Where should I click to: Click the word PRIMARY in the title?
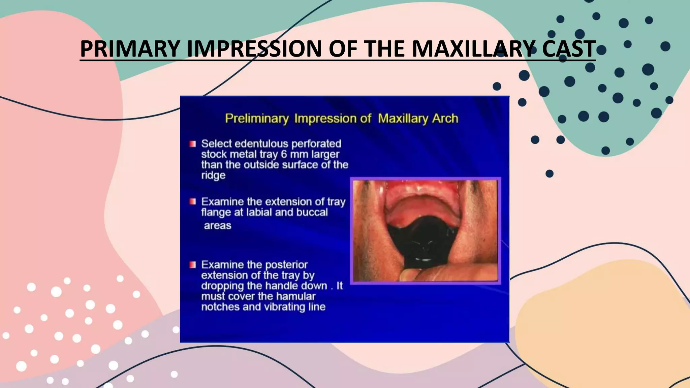pyautogui.click(x=130, y=49)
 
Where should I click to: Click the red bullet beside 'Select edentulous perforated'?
pyautogui.click(x=192, y=144)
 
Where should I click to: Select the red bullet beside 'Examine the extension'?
pyautogui.click(x=192, y=202)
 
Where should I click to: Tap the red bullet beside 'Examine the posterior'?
pyautogui.click(x=192, y=265)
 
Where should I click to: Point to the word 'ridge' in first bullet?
pyautogui.click(x=213, y=175)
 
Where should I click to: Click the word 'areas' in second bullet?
pyautogui.click(x=218, y=225)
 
